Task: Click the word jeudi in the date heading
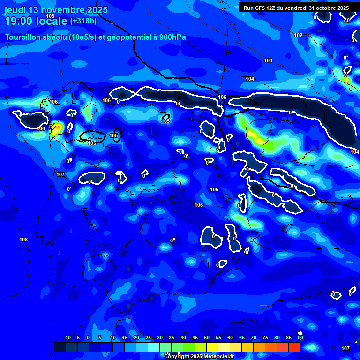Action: coord(15,10)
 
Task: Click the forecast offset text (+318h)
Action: coord(83,21)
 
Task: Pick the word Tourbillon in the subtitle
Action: coord(23,37)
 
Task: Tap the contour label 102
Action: coord(298,35)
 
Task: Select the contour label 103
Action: coord(268,61)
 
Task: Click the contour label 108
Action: coord(23,240)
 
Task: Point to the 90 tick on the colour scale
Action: coord(300,337)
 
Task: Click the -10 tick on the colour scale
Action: coord(67,337)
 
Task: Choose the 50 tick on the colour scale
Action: coord(207,337)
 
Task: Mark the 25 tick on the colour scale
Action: coord(148,337)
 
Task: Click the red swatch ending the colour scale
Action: coord(294,347)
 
